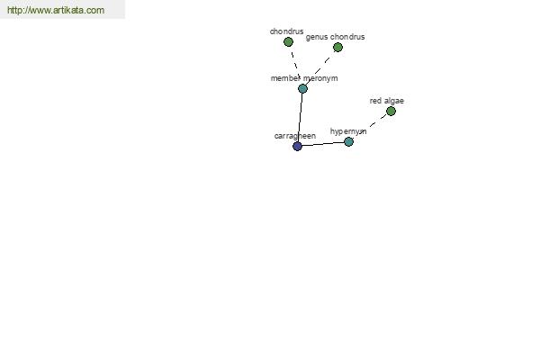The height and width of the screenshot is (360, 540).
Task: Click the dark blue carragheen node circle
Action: point(297,146)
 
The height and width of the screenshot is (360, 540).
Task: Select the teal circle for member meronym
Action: point(302,88)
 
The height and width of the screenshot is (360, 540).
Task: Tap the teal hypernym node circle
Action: point(349,141)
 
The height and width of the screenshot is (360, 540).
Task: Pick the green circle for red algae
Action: point(391,112)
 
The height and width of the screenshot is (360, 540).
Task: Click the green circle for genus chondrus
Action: point(337,48)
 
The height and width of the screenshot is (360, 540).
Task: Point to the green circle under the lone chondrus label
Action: point(288,42)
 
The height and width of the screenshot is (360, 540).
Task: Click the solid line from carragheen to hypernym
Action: point(323,144)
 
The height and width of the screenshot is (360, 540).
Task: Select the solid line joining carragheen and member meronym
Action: point(300,117)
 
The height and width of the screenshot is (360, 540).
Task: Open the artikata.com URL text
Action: point(56,10)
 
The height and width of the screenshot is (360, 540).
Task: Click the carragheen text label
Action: point(295,136)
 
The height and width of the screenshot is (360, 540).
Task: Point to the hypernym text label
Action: point(348,131)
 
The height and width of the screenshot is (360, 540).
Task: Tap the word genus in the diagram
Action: point(317,37)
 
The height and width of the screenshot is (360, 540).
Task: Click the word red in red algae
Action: point(375,101)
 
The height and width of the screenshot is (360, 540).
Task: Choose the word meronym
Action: point(320,78)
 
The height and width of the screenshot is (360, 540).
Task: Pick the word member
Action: point(286,78)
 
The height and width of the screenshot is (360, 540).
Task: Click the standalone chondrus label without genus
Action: point(286,31)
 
